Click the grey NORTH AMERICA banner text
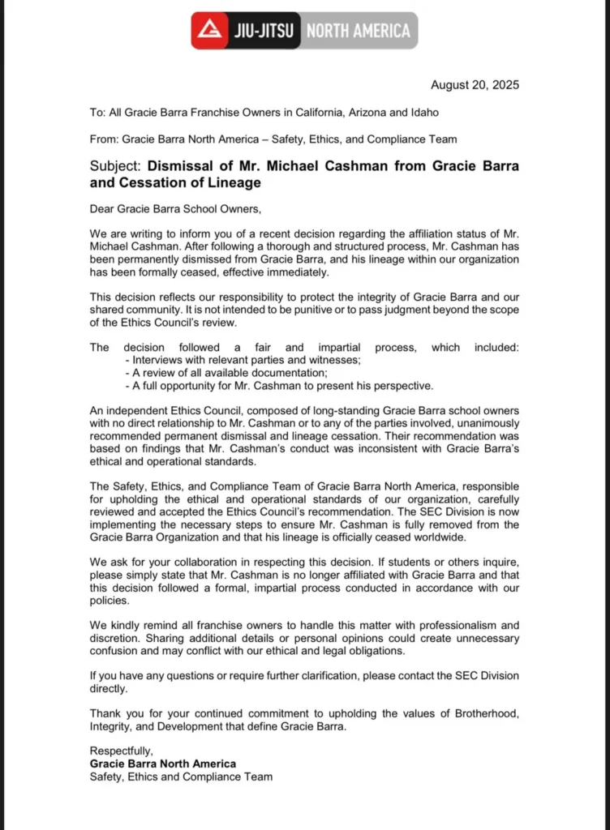point(358,32)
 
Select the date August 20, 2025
point(475,85)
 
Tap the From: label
point(105,139)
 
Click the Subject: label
point(116,166)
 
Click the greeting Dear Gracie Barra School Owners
point(175,210)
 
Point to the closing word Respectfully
point(121,751)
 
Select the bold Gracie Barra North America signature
point(163,764)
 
